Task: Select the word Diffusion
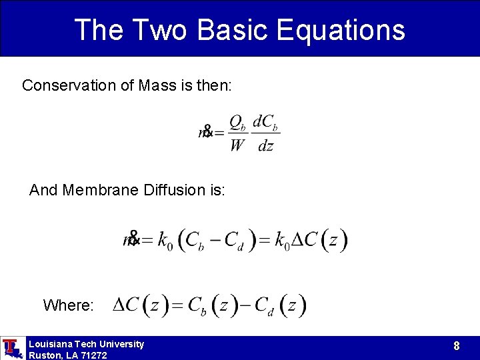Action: tap(176, 190)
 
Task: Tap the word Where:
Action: tap(68, 305)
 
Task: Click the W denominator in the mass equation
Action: tap(237, 145)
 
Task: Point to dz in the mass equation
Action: tap(265, 145)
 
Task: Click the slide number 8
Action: tap(456, 345)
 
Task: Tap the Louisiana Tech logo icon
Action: tap(12, 348)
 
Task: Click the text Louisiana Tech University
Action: tap(86, 344)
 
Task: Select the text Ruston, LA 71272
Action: tap(67, 355)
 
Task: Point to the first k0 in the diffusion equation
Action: tap(165, 240)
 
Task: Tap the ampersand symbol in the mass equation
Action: tap(207, 131)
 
